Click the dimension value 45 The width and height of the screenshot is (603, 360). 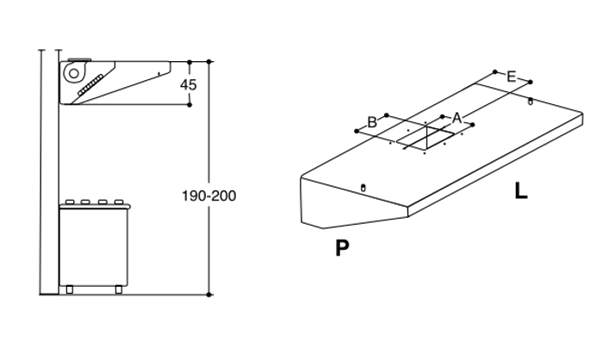189,84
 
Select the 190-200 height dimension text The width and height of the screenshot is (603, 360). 208,196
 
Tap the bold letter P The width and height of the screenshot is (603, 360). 342,248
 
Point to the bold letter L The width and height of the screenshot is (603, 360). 521,191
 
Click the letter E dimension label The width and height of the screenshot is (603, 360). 511,77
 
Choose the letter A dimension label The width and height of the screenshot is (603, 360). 457,118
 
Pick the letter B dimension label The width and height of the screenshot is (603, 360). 372,122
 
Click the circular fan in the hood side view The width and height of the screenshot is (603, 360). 73,73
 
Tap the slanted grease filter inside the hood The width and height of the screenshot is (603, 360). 90,85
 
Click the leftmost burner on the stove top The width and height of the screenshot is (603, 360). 70,202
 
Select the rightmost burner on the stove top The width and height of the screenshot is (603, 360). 119,202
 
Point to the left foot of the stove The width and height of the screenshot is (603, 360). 69,289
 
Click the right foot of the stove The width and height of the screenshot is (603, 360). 119,289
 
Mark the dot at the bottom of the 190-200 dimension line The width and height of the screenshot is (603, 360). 208,295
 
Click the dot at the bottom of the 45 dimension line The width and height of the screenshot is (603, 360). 190,104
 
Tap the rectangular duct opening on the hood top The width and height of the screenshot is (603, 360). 431,138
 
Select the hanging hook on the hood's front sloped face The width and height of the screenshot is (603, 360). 363,188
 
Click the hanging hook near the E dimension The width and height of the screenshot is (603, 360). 531,102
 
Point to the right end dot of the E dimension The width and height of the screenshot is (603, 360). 531,82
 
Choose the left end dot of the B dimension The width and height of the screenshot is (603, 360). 357,131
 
